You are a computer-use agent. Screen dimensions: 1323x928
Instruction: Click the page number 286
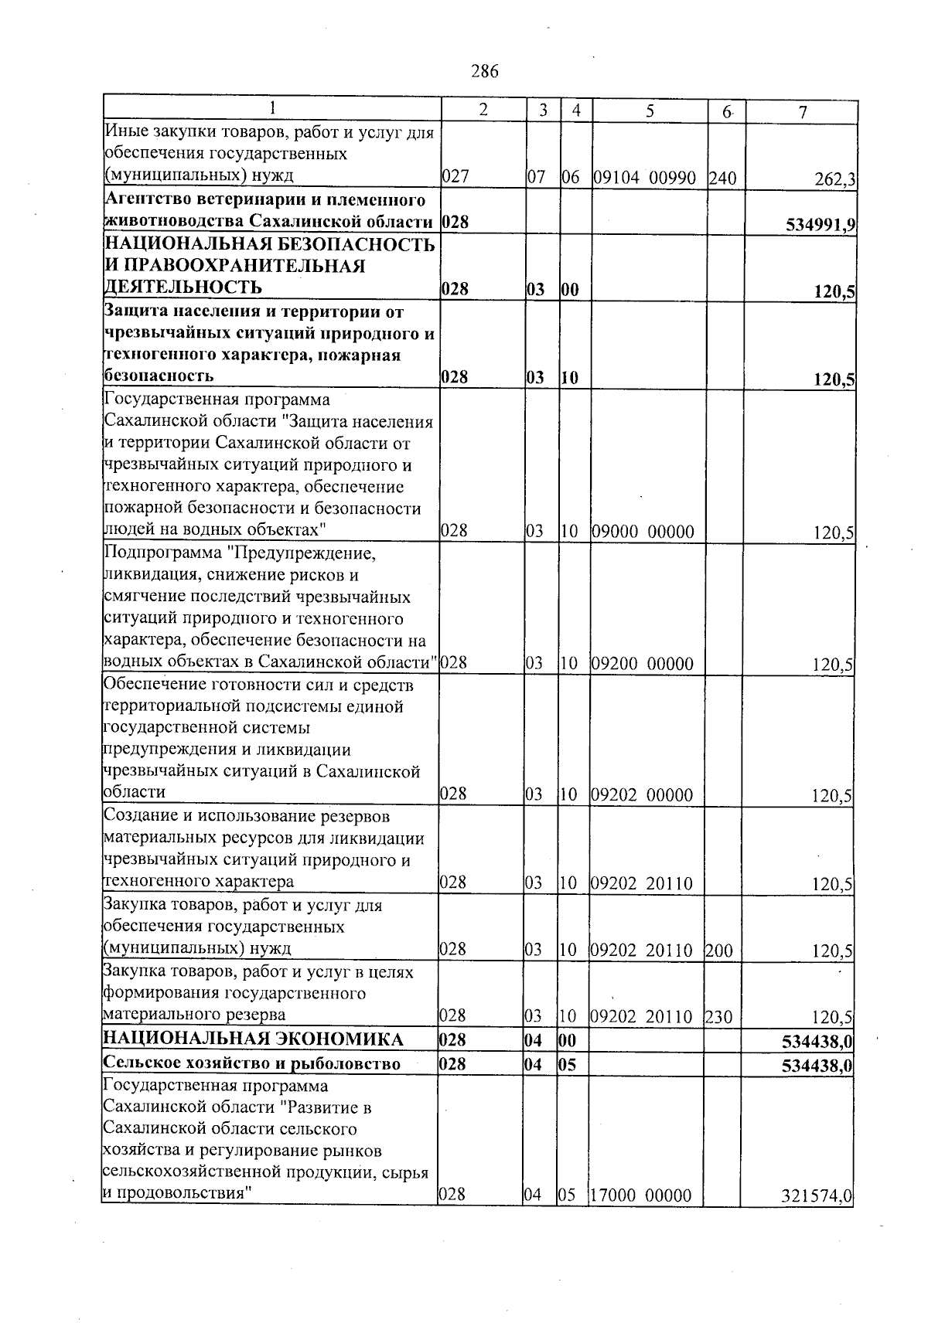pos(485,72)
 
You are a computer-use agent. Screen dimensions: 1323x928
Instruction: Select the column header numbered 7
pos(803,112)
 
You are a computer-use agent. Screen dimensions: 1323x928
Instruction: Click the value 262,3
pos(834,180)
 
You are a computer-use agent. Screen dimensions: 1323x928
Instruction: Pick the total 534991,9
pos(819,224)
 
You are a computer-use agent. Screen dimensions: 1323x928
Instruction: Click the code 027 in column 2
pos(455,177)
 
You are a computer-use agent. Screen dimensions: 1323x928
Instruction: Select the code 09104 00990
pos(649,178)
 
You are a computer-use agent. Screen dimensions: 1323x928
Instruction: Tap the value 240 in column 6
pos(722,179)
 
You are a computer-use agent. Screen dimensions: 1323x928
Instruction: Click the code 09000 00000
pos(643,532)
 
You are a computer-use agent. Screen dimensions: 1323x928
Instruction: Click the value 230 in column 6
pos(719,1017)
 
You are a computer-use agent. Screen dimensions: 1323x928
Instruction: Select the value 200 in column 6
pos(719,951)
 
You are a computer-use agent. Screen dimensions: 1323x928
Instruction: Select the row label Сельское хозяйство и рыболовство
pos(252,1063)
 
